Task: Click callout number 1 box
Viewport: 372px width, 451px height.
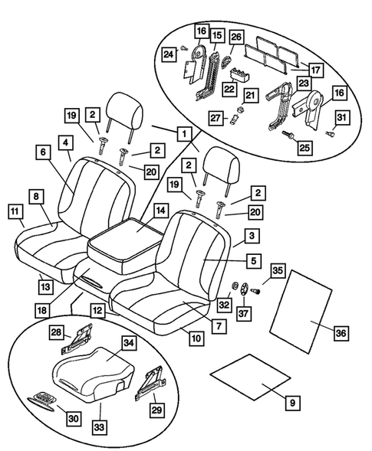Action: tap(182, 132)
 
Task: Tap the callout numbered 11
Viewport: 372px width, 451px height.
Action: tap(15, 210)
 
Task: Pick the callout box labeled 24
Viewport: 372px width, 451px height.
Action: tap(166, 54)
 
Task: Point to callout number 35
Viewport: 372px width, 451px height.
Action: tap(278, 270)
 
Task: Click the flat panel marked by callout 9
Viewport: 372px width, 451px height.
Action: tap(251, 381)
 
